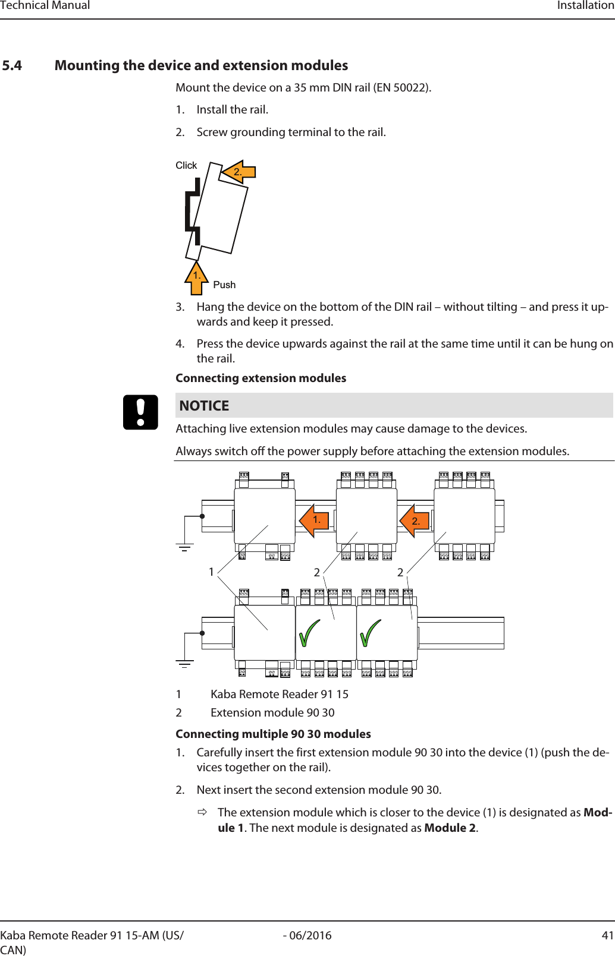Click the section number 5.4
tap(12, 65)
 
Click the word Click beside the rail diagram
tap(186, 165)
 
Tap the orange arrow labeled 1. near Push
tap(196, 277)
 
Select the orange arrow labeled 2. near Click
tap(239, 172)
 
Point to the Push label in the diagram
tap(224, 285)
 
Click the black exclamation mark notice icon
tap(140, 412)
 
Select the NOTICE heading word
tap(204, 406)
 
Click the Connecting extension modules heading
tap(261, 378)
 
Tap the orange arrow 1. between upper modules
tap(313, 520)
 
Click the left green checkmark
tap(309, 633)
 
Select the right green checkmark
tap(370, 633)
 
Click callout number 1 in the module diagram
tap(211, 572)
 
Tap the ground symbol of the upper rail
tap(184, 547)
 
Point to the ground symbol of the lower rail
tap(184, 664)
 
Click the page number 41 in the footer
tap(607, 935)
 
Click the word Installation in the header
tap(585, 5)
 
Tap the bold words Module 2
tap(450, 828)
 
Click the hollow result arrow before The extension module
tap(202, 812)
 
